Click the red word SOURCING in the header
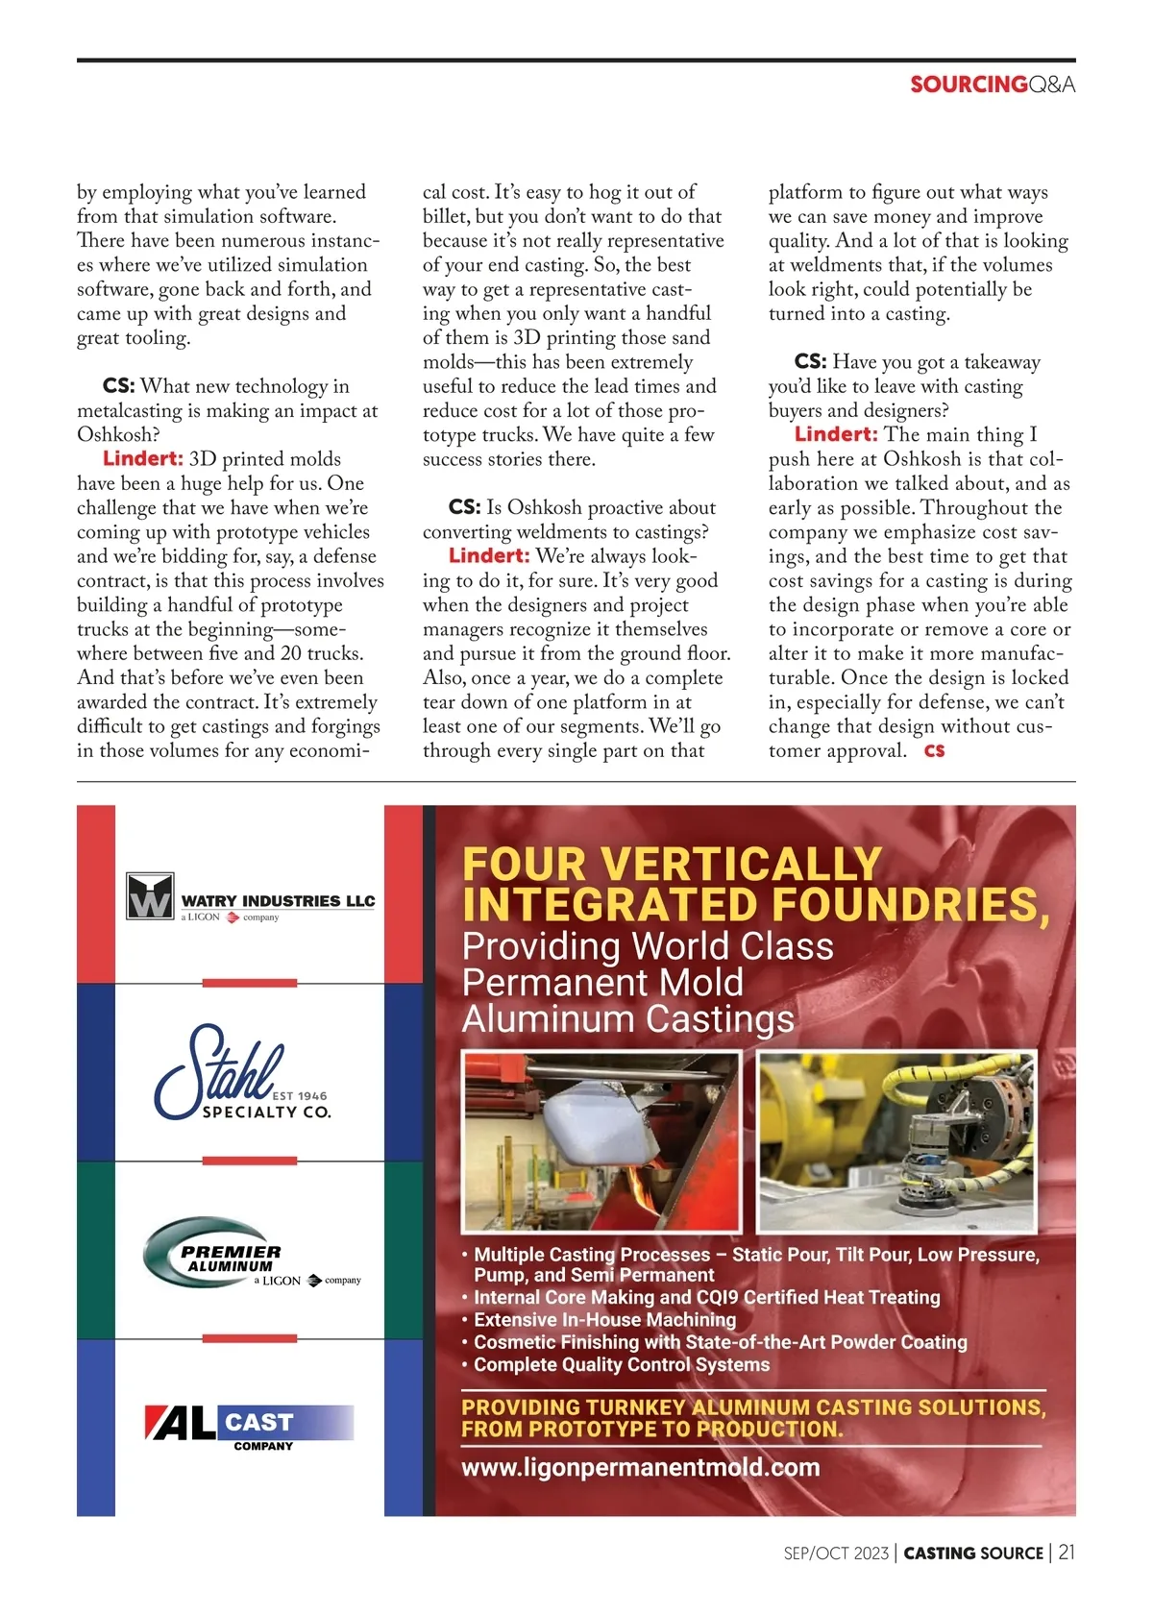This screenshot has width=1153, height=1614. point(969,85)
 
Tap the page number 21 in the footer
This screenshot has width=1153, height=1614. point(1067,1553)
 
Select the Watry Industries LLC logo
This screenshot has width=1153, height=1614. point(250,898)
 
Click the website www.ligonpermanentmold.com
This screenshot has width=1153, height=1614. point(640,1467)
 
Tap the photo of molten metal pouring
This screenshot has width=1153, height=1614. point(601,1141)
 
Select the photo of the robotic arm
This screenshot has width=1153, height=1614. point(897,1141)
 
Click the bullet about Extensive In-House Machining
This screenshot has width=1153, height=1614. point(604,1319)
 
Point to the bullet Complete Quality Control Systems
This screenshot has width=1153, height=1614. point(621,1364)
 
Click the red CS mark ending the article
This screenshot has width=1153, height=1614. point(934,750)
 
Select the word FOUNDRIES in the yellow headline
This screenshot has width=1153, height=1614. point(908,905)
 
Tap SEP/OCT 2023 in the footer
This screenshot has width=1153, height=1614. point(835,1553)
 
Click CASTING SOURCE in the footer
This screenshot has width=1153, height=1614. point(973,1553)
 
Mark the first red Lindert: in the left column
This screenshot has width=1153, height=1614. point(142,459)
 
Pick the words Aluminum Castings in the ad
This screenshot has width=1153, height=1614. point(628,1018)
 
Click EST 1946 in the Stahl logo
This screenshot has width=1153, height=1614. point(300,1095)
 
